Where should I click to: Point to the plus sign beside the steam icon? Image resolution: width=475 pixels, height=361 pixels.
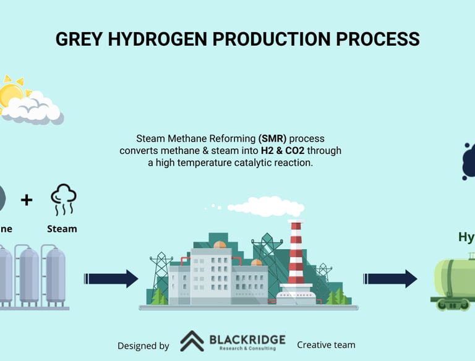pos(26,200)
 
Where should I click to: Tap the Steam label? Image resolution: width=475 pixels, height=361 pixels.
pos(62,229)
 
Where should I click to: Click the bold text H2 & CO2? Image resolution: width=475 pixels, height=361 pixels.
pos(280,150)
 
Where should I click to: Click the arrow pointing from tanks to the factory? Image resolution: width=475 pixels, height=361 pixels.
pos(111,279)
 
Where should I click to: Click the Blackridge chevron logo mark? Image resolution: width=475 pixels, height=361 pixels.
pos(192,341)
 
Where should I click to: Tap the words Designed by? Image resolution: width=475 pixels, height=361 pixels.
pos(143,346)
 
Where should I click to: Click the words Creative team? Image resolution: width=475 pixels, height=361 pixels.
pos(326,344)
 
